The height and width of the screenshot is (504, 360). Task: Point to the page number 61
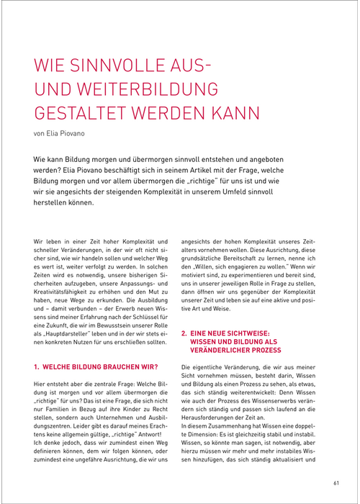coord(336,482)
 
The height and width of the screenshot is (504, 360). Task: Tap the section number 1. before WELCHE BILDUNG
coord(37,366)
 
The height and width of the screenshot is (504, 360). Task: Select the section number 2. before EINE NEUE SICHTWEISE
coord(183,333)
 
